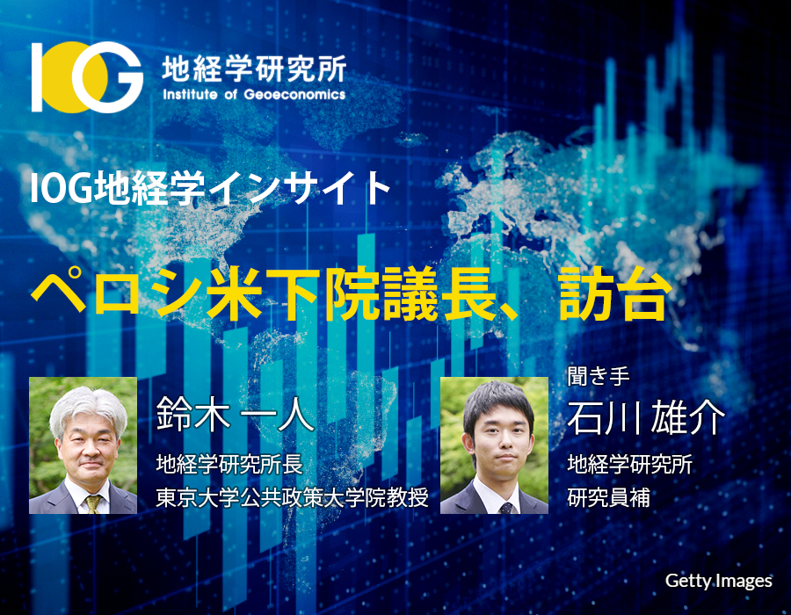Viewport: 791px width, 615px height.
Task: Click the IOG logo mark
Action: [x=87, y=77]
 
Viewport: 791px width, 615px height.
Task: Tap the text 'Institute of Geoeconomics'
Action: [x=254, y=95]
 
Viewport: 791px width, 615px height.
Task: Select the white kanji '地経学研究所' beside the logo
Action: [x=254, y=69]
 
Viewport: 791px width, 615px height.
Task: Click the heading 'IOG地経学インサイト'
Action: [x=210, y=188]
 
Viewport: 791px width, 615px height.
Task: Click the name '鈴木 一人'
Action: [x=235, y=413]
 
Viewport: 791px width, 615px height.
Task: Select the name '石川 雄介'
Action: [x=646, y=417]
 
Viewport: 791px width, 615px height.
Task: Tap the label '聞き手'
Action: [x=599, y=377]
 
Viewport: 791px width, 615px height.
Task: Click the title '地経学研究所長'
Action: [x=229, y=464]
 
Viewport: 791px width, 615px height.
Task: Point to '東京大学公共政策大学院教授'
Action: [x=292, y=497]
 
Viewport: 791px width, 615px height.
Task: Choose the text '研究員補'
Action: [x=608, y=497]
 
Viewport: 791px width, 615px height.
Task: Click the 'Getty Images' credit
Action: [x=718, y=581]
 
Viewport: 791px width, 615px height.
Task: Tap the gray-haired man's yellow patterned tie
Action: [x=92, y=503]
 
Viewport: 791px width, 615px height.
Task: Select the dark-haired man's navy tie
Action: [x=505, y=508]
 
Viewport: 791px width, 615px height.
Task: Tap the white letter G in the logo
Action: [x=108, y=77]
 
